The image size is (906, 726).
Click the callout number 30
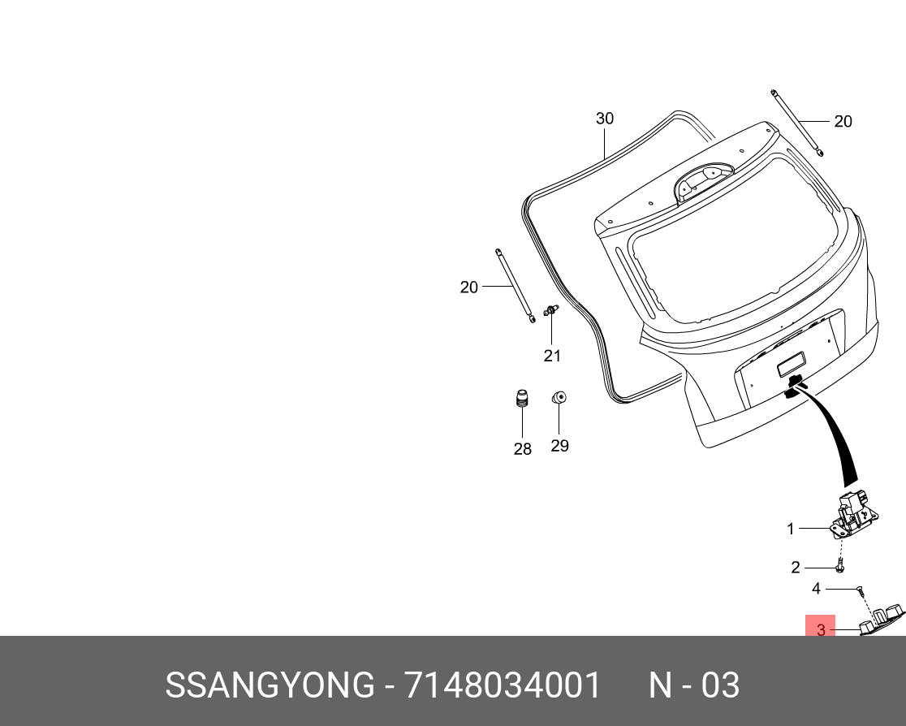pyautogui.click(x=604, y=119)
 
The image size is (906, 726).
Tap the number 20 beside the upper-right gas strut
pyautogui.click(x=843, y=122)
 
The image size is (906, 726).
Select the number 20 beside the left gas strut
pyautogui.click(x=469, y=287)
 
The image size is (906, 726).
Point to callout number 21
pyautogui.click(x=552, y=356)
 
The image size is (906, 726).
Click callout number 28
pyautogui.click(x=522, y=449)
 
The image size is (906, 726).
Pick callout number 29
pyautogui.click(x=559, y=446)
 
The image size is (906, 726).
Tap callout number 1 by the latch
pyautogui.click(x=791, y=529)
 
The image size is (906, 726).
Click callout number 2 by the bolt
pyautogui.click(x=796, y=568)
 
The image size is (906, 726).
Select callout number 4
pyautogui.click(x=817, y=589)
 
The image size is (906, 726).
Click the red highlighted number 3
pyautogui.click(x=821, y=629)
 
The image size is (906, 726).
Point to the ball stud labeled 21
pyautogui.click(x=551, y=309)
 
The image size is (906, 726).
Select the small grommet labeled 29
pyautogui.click(x=559, y=397)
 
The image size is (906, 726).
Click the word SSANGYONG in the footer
pyautogui.click(x=269, y=686)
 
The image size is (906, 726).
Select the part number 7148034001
pyautogui.click(x=503, y=686)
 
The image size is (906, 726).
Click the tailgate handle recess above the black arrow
pyautogui.click(x=792, y=367)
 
